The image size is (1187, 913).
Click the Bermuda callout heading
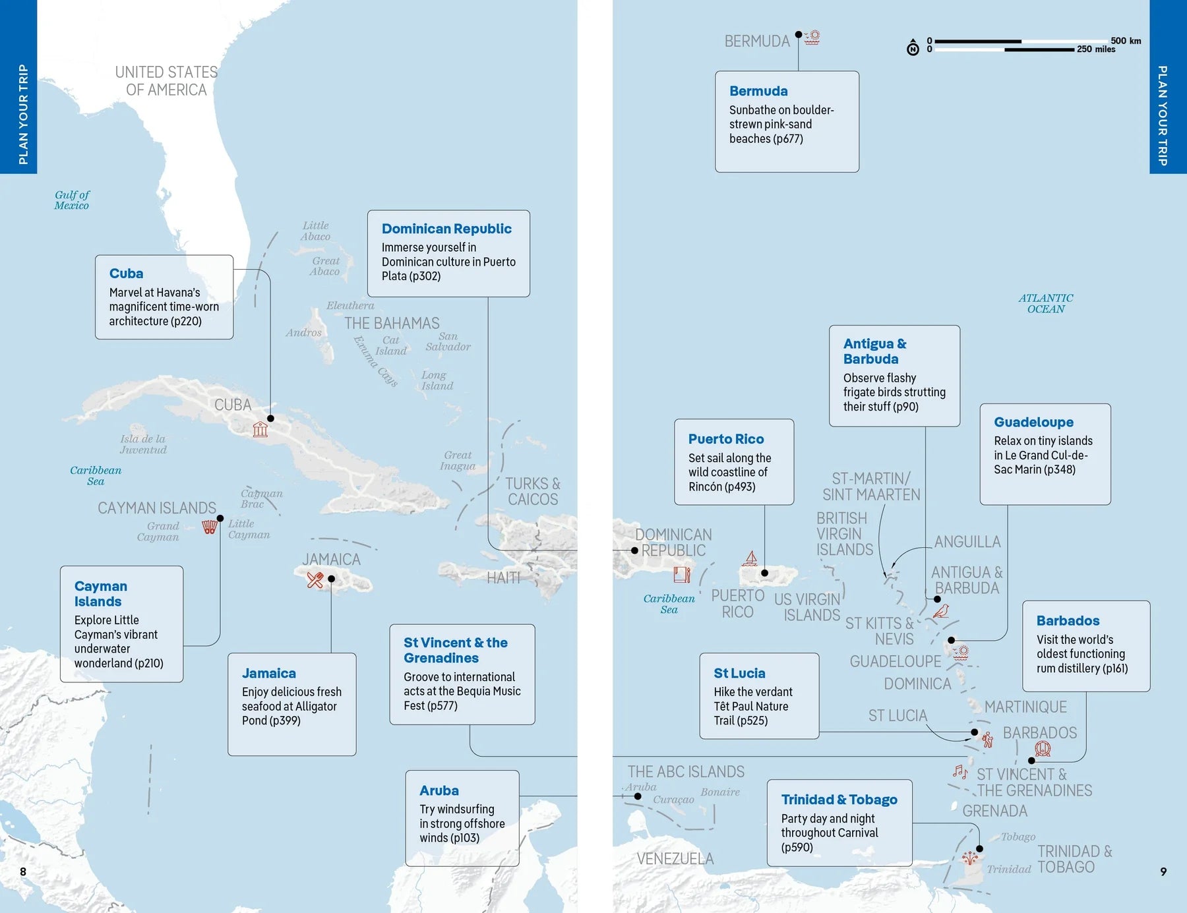click(x=758, y=91)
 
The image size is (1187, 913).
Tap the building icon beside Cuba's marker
click(x=260, y=430)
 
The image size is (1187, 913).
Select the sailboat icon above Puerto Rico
click(x=750, y=559)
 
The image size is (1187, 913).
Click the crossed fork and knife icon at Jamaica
click(x=315, y=580)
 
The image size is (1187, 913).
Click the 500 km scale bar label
click(x=1125, y=41)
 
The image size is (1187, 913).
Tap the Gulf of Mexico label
click(x=72, y=200)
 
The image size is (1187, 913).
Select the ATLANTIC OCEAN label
click(x=1045, y=303)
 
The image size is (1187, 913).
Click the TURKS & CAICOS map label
click(x=533, y=491)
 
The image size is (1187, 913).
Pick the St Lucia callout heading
click(x=739, y=673)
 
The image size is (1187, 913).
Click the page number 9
click(x=1163, y=871)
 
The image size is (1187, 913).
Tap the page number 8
click(x=23, y=871)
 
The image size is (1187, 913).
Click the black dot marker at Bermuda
click(x=799, y=34)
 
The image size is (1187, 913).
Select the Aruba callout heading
click(x=439, y=790)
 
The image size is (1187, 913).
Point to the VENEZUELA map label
click(x=675, y=858)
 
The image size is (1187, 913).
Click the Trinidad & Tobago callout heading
click(x=839, y=800)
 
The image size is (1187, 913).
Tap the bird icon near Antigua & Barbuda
click(x=942, y=611)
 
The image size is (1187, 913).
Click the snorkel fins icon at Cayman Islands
click(x=210, y=527)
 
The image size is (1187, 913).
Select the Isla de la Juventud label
click(x=143, y=444)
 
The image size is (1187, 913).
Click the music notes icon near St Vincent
click(x=959, y=771)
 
